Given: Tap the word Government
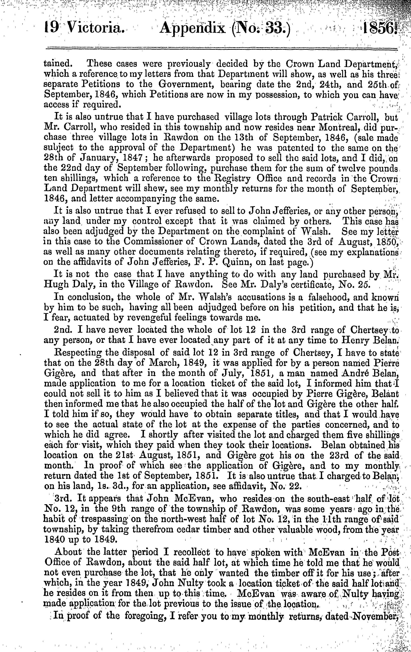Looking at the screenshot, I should [x=186, y=84].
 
